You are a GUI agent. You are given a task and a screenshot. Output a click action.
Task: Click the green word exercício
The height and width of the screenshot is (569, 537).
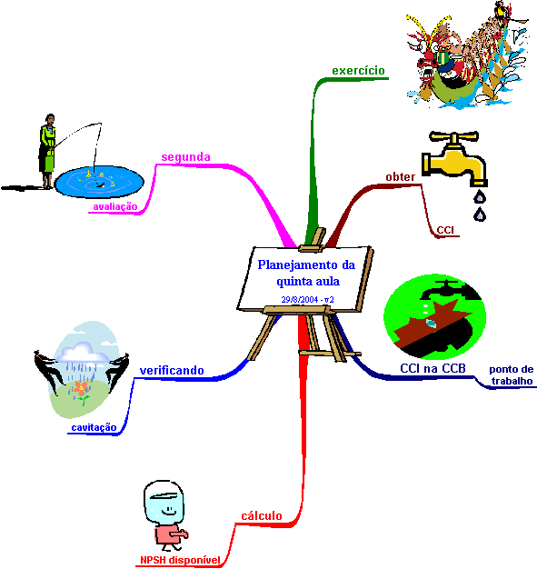358,70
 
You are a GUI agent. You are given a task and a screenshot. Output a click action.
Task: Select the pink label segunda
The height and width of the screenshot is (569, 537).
185,157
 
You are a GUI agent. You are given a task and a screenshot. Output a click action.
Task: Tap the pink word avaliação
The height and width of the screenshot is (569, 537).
115,207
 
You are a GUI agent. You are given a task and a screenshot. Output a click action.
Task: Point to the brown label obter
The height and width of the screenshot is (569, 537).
400,176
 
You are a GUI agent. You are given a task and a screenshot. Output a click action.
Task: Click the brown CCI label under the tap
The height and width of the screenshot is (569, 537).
445,230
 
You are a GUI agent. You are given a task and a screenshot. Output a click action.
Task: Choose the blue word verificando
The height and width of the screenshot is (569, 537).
172,371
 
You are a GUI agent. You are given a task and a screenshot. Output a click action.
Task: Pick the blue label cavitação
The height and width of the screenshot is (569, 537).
94,427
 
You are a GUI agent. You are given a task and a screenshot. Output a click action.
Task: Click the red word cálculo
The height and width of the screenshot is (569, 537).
262,515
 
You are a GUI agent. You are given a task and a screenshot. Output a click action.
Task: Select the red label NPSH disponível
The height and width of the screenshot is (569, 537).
180,560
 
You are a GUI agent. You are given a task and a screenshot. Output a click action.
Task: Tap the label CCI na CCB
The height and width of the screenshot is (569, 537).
433,368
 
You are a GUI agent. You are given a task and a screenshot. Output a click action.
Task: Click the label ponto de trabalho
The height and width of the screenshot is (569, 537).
512,374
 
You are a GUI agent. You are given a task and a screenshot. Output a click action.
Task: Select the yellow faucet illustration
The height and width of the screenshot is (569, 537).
454,159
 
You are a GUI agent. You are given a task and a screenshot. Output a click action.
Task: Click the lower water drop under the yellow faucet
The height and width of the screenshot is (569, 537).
480,215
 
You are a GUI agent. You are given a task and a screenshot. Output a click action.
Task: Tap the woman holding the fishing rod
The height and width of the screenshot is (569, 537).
47,151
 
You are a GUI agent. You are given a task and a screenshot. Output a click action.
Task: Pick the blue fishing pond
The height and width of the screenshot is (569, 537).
99,182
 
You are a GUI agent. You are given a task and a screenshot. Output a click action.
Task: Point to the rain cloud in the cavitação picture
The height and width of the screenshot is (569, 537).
84,353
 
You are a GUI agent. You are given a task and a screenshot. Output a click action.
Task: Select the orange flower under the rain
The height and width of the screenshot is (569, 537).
81,389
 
